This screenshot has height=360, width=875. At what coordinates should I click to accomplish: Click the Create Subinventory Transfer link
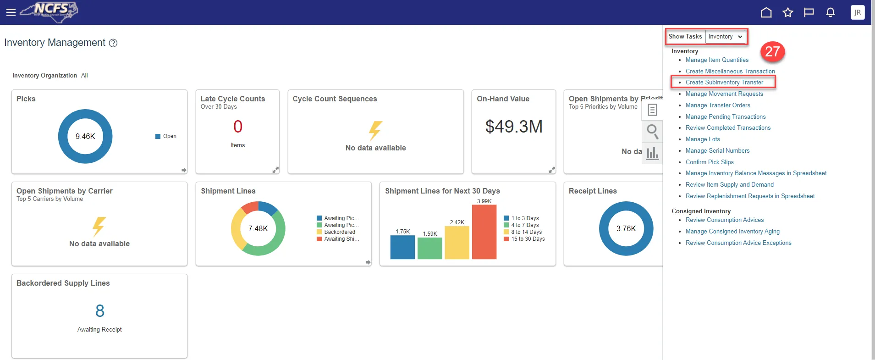click(724, 83)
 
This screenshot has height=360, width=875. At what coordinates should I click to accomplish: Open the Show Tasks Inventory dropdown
click(726, 37)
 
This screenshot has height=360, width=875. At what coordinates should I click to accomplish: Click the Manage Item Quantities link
click(717, 60)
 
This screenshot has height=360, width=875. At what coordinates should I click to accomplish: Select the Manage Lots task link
click(703, 139)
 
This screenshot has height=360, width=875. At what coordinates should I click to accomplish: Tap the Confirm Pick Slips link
click(710, 162)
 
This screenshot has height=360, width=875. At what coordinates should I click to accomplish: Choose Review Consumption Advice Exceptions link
click(738, 243)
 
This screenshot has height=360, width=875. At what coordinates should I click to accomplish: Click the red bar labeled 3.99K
click(484, 232)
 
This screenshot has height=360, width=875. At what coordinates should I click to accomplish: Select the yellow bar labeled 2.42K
click(457, 243)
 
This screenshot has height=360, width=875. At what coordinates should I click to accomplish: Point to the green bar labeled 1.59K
click(430, 248)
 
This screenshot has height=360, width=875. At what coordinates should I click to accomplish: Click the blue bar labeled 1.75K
click(402, 247)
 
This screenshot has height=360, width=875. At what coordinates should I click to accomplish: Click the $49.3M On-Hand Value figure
click(514, 127)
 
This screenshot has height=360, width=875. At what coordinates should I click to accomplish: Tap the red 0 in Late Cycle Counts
click(237, 127)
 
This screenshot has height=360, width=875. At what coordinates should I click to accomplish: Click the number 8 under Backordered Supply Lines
click(100, 311)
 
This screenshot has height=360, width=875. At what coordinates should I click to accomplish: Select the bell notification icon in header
click(830, 12)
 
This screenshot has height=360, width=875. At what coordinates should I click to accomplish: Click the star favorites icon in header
click(787, 12)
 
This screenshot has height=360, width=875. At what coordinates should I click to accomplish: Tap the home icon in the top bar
click(766, 12)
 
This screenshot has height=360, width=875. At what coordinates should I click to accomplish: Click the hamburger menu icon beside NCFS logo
click(11, 12)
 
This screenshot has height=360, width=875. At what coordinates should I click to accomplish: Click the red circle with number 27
click(772, 51)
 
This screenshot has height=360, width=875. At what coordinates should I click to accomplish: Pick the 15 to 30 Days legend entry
click(528, 239)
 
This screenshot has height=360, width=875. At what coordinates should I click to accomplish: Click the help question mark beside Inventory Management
click(113, 43)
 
